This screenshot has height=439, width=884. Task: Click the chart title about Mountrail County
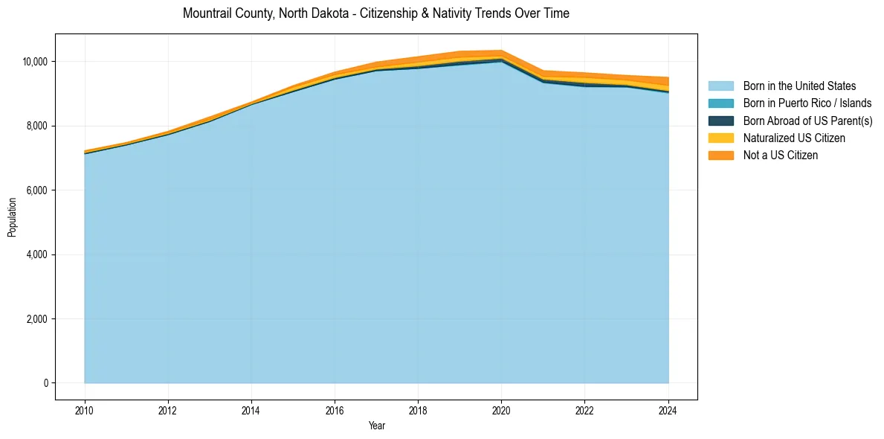(x=375, y=13)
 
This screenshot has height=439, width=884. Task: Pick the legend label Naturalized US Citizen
(x=794, y=138)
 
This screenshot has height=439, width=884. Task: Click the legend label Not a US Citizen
(x=780, y=156)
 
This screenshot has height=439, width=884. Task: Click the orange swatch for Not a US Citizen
(x=720, y=156)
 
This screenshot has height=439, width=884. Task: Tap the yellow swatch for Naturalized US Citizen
(x=720, y=138)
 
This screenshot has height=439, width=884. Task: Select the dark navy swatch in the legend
(x=720, y=121)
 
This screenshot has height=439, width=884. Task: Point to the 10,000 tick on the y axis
(x=36, y=61)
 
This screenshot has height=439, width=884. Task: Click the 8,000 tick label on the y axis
(x=38, y=126)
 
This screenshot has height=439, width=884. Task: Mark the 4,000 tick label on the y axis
(x=38, y=254)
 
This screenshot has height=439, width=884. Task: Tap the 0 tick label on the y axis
(x=46, y=383)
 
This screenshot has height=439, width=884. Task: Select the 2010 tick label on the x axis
(x=85, y=408)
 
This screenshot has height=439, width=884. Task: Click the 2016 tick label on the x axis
(x=335, y=408)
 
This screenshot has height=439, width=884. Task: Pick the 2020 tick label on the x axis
(x=501, y=408)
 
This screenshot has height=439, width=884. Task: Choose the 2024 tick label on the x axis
(x=668, y=408)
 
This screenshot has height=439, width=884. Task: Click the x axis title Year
(x=376, y=426)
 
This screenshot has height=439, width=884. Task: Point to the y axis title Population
(x=12, y=217)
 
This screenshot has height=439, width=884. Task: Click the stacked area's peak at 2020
(x=501, y=51)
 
